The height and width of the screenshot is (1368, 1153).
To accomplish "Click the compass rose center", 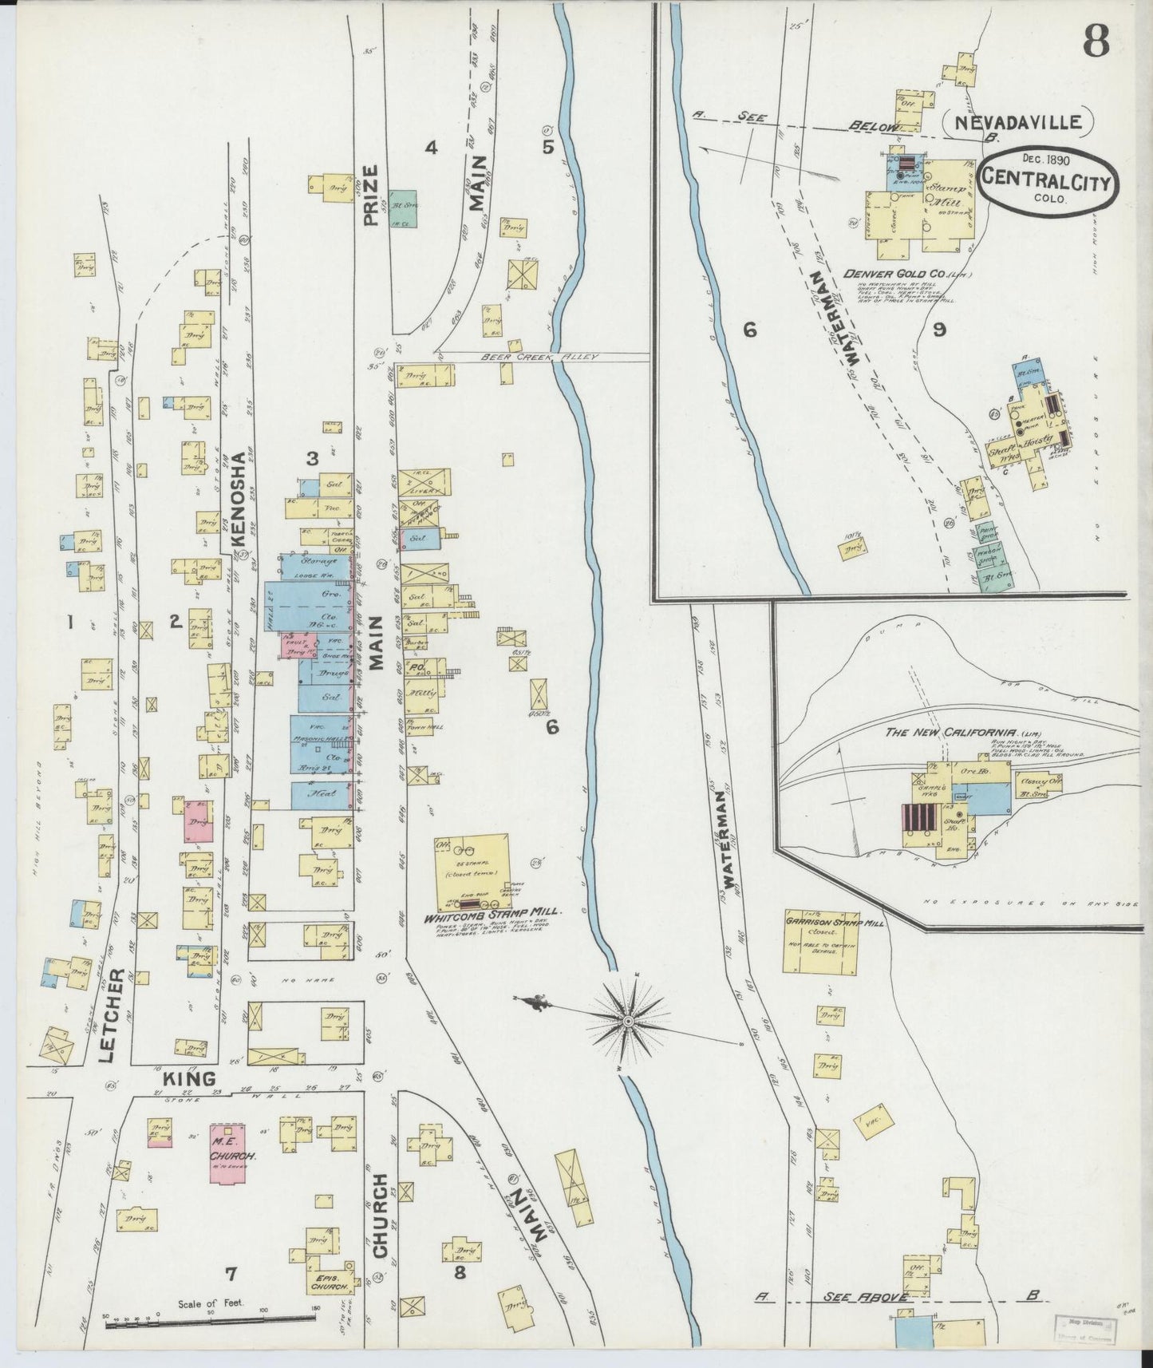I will (628, 1021).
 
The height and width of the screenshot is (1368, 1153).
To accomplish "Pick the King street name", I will (189, 1079).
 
